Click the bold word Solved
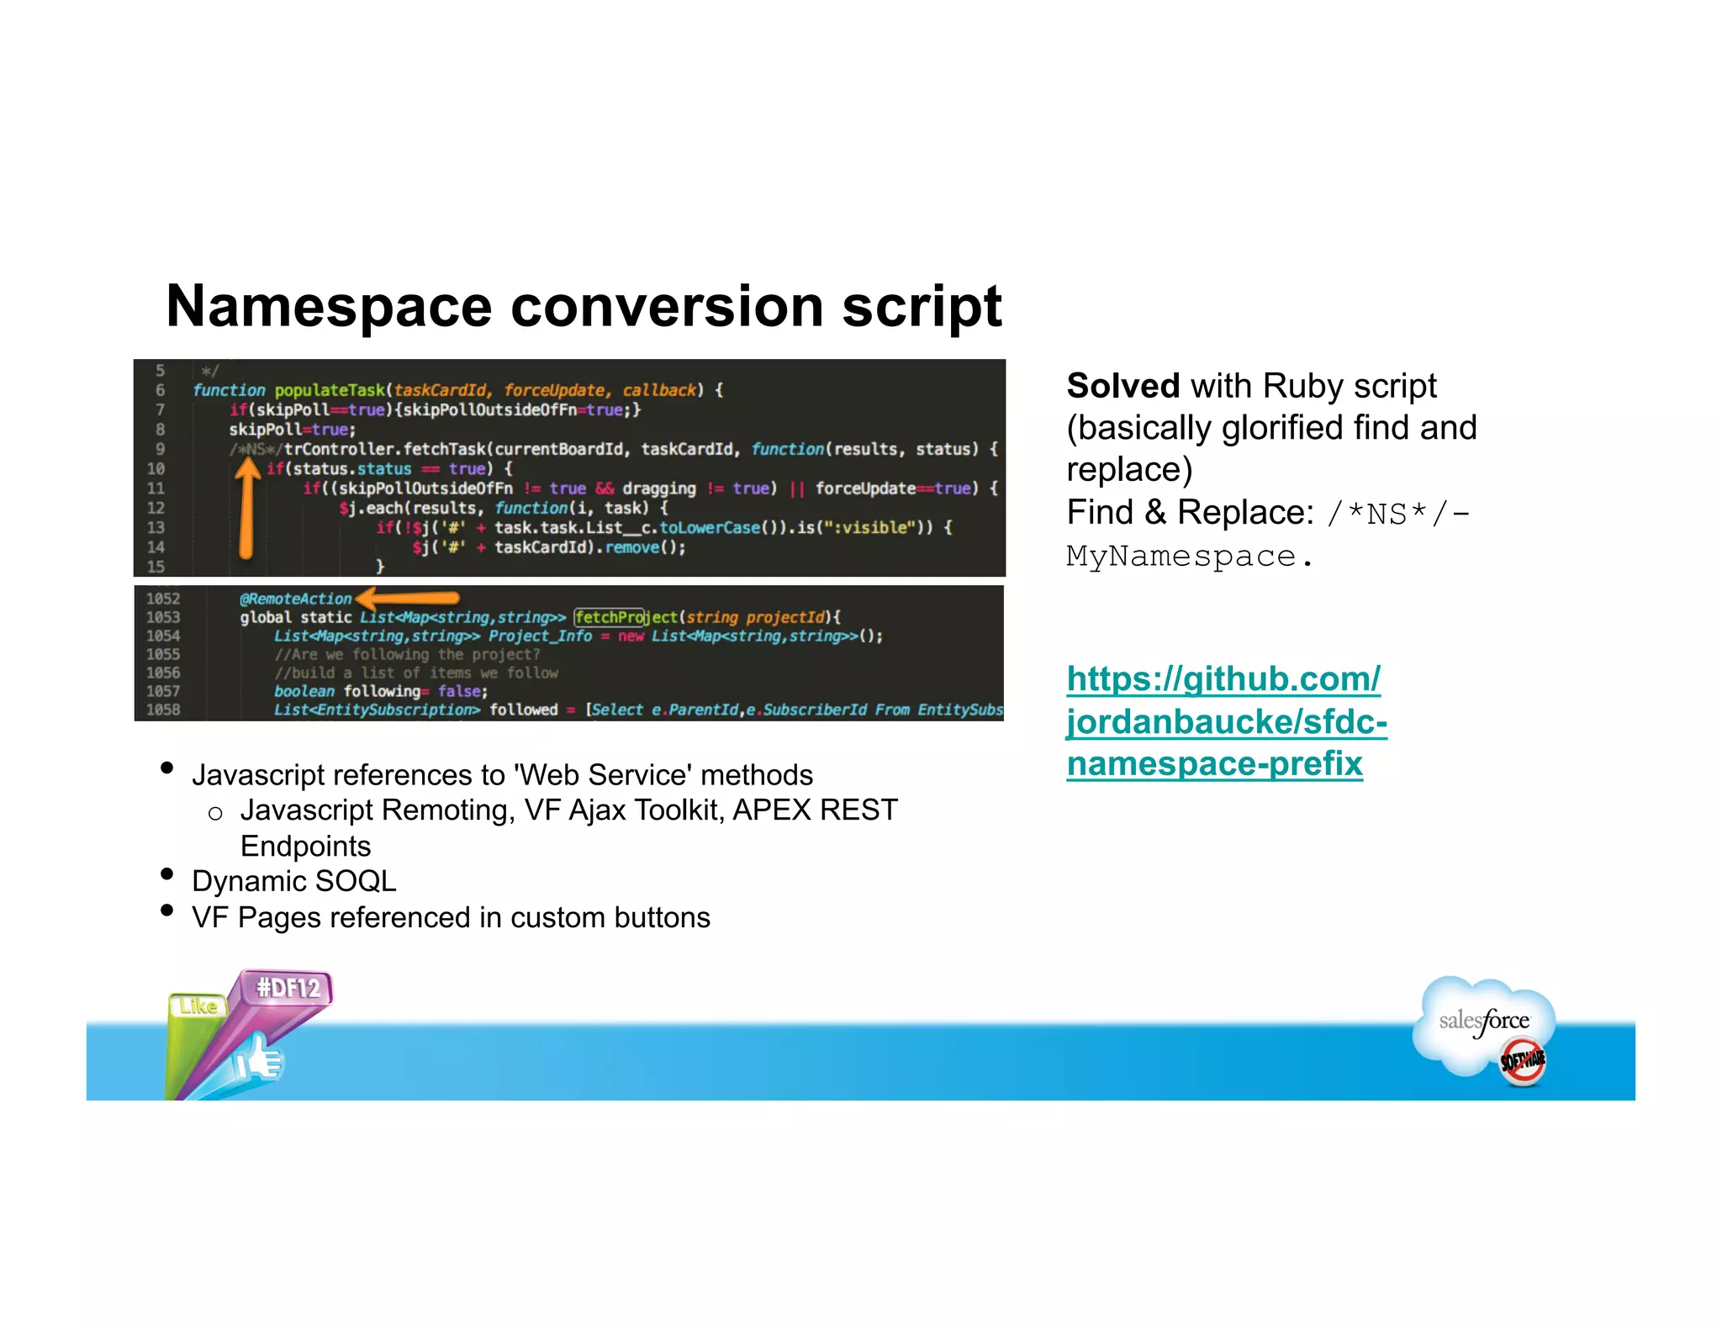click(x=1122, y=386)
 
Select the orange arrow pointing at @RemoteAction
click(x=408, y=599)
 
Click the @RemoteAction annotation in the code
click(x=295, y=599)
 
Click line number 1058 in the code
click(x=163, y=710)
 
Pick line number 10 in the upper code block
click(x=156, y=468)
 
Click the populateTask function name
click(x=330, y=390)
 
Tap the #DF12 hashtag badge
click(x=288, y=987)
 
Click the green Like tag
click(x=198, y=1005)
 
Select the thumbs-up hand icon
click(x=260, y=1059)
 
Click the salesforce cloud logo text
click(x=1484, y=1021)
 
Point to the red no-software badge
click(x=1523, y=1061)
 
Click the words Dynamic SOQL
click(x=293, y=881)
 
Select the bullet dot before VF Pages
click(x=166, y=910)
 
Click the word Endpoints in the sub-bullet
click(x=305, y=846)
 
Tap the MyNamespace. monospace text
click(x=1189, y=556)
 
